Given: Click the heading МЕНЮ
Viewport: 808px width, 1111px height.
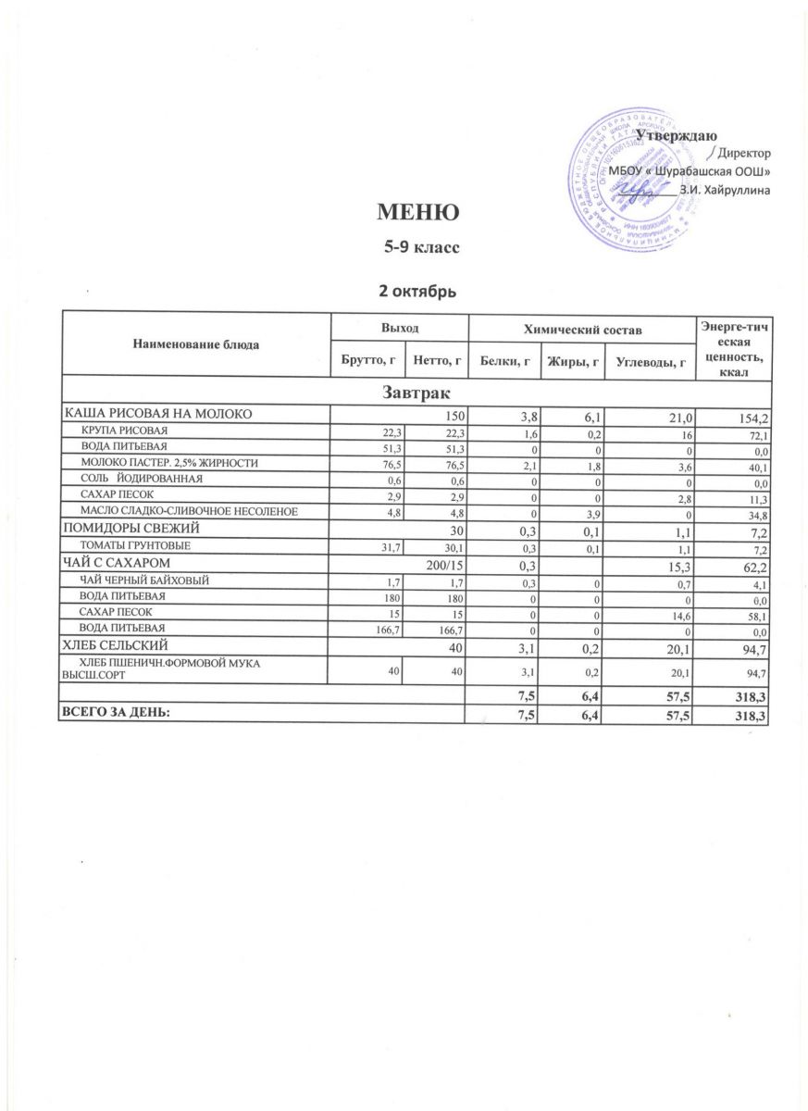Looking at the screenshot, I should click(416, 213).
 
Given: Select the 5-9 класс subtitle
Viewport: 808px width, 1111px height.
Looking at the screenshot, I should click(416, 248).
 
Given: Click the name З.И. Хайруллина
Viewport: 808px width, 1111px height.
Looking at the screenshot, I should click(725, 190).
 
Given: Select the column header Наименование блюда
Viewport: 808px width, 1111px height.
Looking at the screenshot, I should click(196, 343).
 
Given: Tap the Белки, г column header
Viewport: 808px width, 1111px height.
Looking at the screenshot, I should click(503, 360).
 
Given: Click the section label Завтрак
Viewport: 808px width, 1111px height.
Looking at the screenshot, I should click(416, 392).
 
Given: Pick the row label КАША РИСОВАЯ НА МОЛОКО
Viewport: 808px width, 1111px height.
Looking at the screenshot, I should click(157, 413).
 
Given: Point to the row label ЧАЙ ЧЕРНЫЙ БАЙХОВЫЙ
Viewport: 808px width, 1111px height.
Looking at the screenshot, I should click(144, 580).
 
